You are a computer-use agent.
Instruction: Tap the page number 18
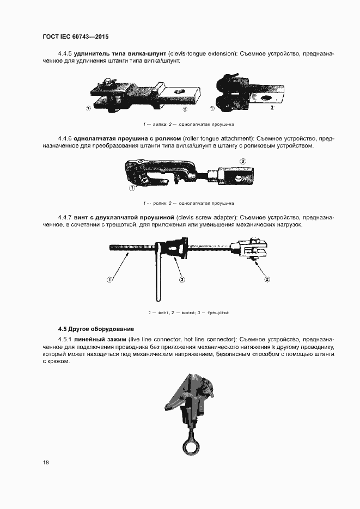pos(46,462)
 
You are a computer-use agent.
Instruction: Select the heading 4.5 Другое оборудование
pos(96,329)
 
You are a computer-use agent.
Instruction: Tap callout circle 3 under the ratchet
pos(182,280)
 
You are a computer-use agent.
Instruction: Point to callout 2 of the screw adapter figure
pos(267,280)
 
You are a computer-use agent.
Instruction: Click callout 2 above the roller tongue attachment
pos(242,162)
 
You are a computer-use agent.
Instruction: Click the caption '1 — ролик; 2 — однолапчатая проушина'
pos(188,203)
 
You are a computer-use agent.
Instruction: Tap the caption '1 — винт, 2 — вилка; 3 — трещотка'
pos(188,312)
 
